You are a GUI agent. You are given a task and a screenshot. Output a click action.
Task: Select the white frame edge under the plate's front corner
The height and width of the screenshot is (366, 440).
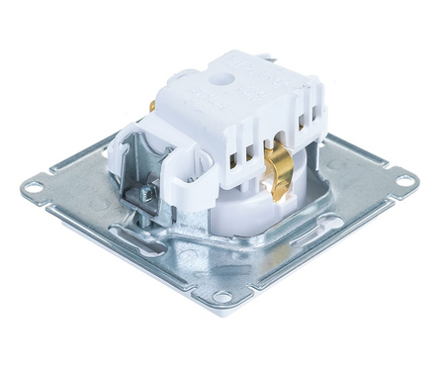[222, 309]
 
